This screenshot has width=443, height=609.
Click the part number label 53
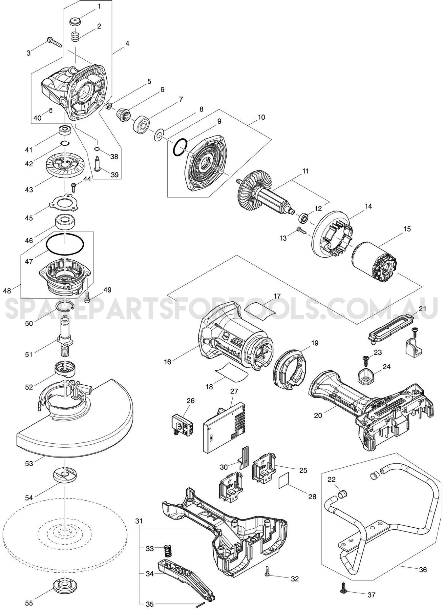click(x=29, y=464)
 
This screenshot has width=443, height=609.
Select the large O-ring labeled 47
click(x=65, y=244)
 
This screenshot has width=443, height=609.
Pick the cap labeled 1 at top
click(x=75, y=23)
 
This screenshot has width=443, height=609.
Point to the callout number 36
click(x=423, y=570)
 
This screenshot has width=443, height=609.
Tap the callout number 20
click(x=318, y=415)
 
